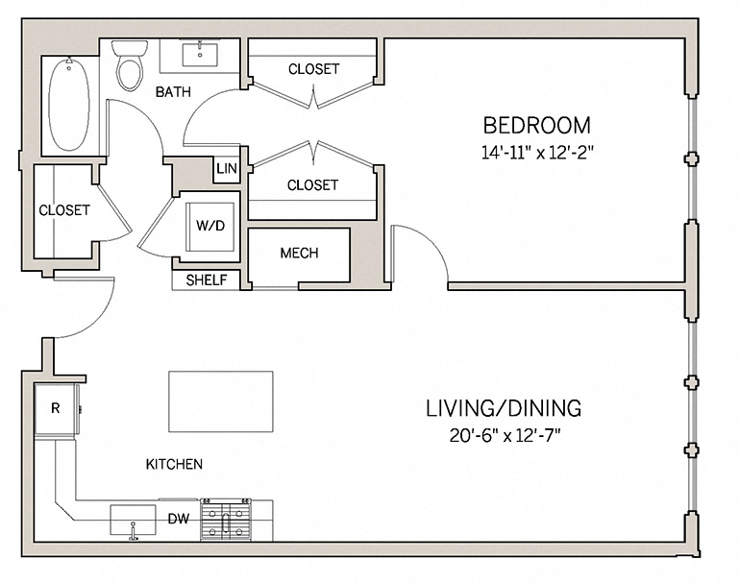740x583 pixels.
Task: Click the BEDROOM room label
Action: click(536, 125)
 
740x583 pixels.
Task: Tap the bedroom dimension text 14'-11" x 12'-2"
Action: click(536, 151)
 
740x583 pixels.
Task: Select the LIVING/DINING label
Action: click(504, 408)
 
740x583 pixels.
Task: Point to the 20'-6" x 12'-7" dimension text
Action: click(504, 434)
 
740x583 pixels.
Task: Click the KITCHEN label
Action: click(174, 465)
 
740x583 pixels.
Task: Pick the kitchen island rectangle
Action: click(221, 401)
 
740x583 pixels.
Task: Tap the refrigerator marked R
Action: click(55, 408)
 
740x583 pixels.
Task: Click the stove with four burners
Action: click(225, 521)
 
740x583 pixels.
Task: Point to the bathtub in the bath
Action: click(68, 104)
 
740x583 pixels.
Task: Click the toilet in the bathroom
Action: click(127, 65)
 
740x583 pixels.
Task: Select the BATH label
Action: click(173, 92)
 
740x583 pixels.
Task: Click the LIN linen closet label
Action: click(227, 169)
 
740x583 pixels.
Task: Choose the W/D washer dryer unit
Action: click(210, 227)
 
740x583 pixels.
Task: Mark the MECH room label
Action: click(299, 254)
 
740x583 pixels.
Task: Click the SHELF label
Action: click(207, 280)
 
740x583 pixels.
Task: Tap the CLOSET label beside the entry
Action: click(63, 209)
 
